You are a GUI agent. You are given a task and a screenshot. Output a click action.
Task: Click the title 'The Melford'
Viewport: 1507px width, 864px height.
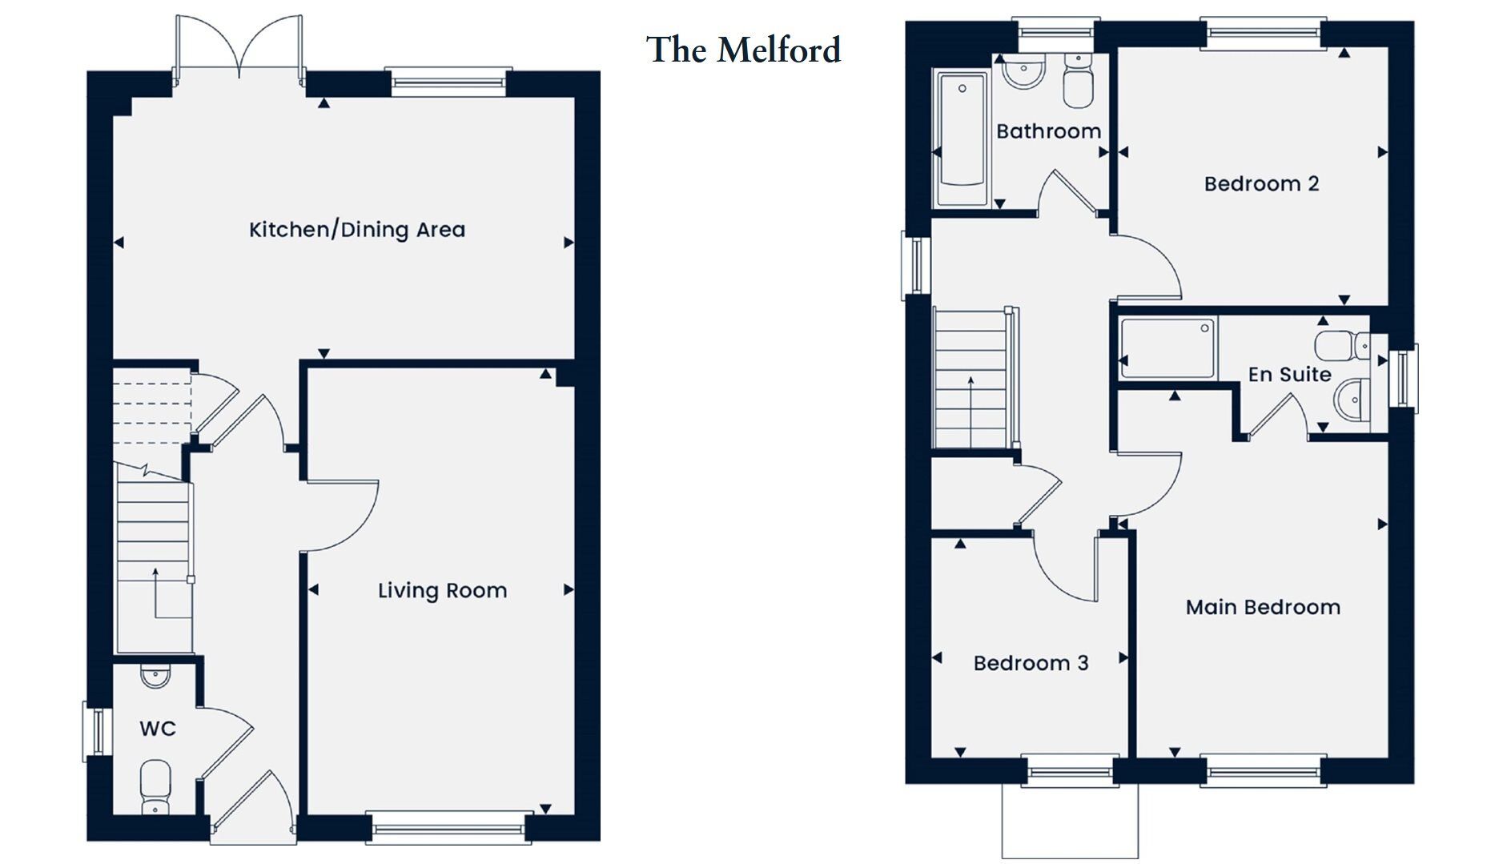point(743,50)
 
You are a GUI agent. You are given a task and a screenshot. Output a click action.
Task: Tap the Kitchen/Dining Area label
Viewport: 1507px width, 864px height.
point(357,230)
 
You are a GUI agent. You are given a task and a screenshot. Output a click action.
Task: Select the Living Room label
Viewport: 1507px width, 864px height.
point(442,591)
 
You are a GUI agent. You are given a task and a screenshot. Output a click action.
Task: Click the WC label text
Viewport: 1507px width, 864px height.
point(158,729)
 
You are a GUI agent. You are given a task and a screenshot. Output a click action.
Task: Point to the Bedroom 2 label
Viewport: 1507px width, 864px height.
point(1261,184)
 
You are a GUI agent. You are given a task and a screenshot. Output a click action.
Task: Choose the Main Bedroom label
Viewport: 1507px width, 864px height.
point(1263,607)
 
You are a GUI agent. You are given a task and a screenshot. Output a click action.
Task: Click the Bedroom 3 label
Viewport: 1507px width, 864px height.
point(1031,663)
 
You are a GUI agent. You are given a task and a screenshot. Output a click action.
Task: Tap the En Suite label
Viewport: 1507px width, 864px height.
point(1289,374)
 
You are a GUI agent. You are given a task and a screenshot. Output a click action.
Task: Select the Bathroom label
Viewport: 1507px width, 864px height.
point(1048,131)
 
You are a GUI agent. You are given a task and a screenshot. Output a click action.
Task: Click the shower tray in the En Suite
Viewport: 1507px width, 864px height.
point(1167,348)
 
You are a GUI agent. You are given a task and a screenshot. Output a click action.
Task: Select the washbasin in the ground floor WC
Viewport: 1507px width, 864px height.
point(155,677)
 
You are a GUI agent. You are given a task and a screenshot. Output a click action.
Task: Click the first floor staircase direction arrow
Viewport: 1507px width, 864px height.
point(971,408)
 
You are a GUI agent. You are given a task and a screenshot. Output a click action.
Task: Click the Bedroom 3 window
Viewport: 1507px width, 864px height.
point(1069,771)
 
